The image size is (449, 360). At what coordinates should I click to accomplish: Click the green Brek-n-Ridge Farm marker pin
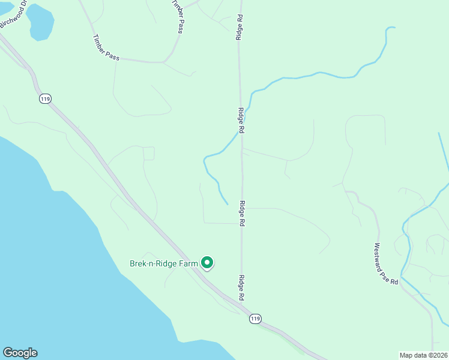[207, 263]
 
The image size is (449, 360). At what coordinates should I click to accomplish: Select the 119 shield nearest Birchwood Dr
[44, 98]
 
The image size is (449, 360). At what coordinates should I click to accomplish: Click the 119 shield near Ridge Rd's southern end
[256, 319]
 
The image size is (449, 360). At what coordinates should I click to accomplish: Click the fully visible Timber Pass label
[106, 47]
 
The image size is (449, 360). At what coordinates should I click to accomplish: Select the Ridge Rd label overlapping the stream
[241, 121]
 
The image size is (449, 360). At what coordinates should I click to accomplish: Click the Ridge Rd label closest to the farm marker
[241, 288]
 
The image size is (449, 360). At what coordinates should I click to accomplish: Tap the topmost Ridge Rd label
[239, 27]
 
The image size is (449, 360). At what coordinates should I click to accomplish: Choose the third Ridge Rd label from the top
[243, 213]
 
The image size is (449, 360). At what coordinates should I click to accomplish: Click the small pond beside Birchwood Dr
[40, 22]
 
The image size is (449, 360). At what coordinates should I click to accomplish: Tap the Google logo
[20, 353]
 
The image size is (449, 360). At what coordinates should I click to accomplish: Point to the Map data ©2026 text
[423, 355]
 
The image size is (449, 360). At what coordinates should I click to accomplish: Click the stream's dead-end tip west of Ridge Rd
[228, 204]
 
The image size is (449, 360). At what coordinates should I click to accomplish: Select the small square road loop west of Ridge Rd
[149, 154]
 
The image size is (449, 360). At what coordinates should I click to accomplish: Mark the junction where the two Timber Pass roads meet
[164, 62]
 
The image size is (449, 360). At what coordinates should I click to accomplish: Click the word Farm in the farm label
[188, 263]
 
